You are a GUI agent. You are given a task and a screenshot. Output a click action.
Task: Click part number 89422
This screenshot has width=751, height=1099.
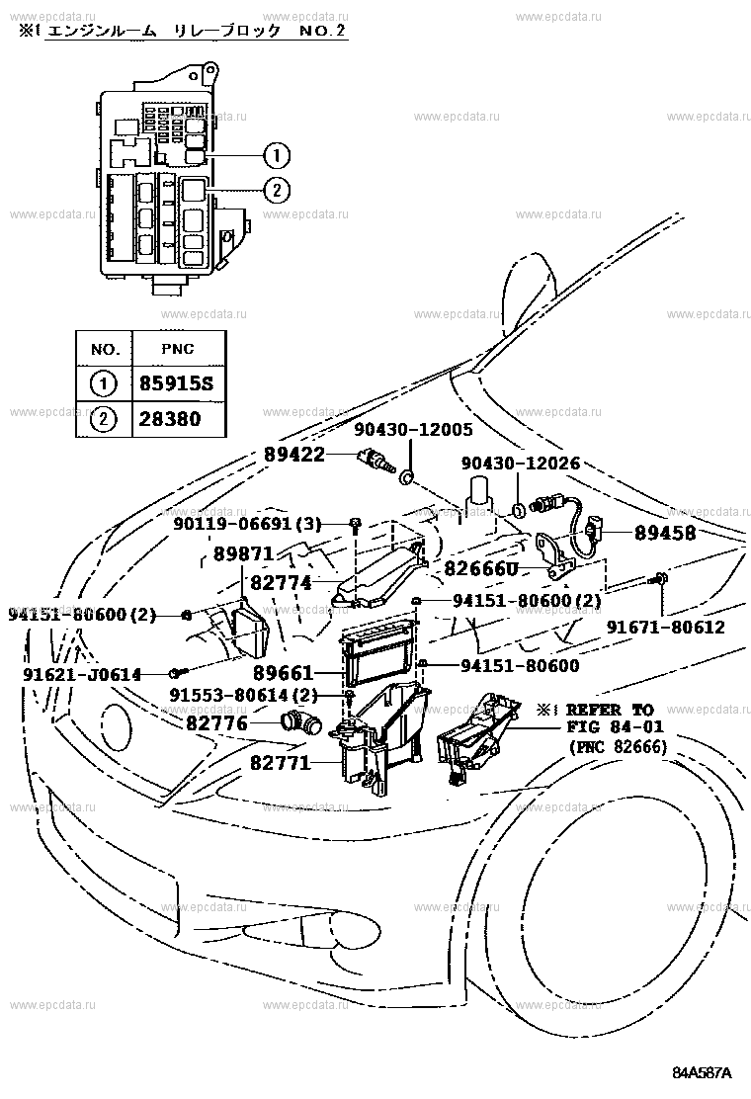pyautogui.click(x=294, y=455)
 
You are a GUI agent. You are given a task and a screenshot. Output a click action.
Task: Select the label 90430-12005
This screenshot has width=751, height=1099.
pyautogui.click(x=413, y=429)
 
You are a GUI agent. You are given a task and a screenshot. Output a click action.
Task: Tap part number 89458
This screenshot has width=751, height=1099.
pyautogui.click(x=665, y=533)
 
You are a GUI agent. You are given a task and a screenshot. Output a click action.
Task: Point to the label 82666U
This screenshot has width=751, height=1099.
pyautogui.click(x=480, y=568)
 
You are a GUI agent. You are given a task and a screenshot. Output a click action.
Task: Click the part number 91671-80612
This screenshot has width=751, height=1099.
pyautogui.click(x=666, y=626)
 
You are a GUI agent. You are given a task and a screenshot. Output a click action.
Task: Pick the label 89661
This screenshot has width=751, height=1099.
pyautogui.click(x=283, y=673)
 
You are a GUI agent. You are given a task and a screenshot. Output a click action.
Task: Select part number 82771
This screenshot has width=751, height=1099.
pyautogui.click(x=281, y=763)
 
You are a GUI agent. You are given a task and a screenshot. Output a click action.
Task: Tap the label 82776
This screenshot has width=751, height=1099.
pyautogui.click(x=217, y=722)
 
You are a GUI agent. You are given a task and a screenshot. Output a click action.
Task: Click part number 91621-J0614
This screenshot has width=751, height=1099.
pyautogui.click(x=82, y=674)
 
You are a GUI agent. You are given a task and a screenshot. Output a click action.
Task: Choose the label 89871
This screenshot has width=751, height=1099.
pyautogui.click(x=243, y=553)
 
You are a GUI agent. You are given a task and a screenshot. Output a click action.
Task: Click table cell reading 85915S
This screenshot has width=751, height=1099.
pyautogui.click(x=176, y=383)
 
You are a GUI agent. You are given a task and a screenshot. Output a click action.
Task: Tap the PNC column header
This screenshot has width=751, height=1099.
pyautogui.click(x=177, y=348)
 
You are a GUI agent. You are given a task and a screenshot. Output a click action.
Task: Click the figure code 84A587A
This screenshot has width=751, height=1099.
pyautogui.click(x=702, y=1073)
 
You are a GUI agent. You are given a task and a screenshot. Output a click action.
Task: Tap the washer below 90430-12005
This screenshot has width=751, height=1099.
pyautogui.click(x=406, y=478)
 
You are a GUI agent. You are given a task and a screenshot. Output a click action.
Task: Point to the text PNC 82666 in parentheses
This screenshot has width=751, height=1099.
pyautogui.click(x=618, y=746)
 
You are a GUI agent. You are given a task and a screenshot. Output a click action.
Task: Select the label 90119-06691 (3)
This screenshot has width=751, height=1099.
pyautogui.click(x=247, y=523)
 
